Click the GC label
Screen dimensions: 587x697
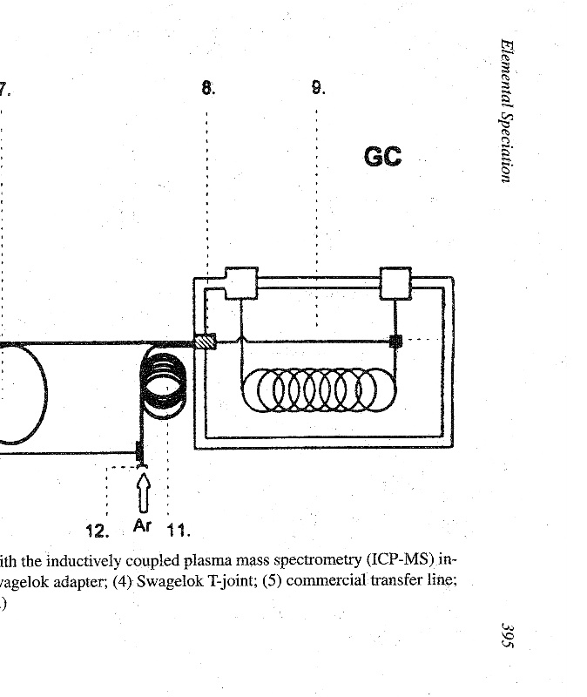(382, 157)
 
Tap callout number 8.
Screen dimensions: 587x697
(208, 88)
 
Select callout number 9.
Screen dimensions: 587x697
(318, 88)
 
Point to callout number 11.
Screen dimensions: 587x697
(179, 531)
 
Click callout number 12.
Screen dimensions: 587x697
(98, 531)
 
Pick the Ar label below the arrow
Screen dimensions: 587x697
(142, 526)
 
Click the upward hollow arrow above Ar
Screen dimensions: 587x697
(143, 493)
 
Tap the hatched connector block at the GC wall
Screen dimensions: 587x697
(206, 342)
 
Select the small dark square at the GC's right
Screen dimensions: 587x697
(395, 341)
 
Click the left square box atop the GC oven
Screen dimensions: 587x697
(241, 283)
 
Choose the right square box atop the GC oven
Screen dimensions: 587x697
(395, 283)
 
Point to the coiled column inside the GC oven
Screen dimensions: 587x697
(319, 389)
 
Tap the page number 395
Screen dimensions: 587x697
(508, 635)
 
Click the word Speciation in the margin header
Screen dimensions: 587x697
(506, 146)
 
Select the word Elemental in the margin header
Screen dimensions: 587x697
(507, 72)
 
